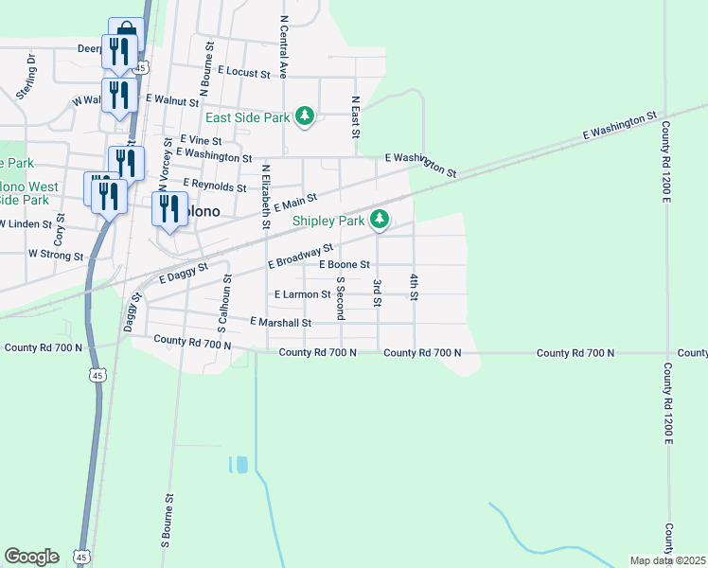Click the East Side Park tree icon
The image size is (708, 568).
click(304, 115)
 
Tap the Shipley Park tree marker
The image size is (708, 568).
click(379, 220)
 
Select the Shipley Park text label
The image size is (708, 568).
click(327, 221)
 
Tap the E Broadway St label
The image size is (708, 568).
click(301, 256)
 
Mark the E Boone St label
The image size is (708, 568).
click(344, 265)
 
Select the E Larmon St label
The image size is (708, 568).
click(302, 295)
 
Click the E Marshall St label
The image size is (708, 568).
click(281, 323)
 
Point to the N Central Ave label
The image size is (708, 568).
click(283, 45)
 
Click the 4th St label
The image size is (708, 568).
click(414, 287)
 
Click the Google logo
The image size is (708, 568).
click(31, 557)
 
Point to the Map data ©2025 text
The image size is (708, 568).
click(667, 560)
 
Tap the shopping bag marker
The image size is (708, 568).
click(125, 30)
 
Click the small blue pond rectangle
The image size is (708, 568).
click(239, 465)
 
